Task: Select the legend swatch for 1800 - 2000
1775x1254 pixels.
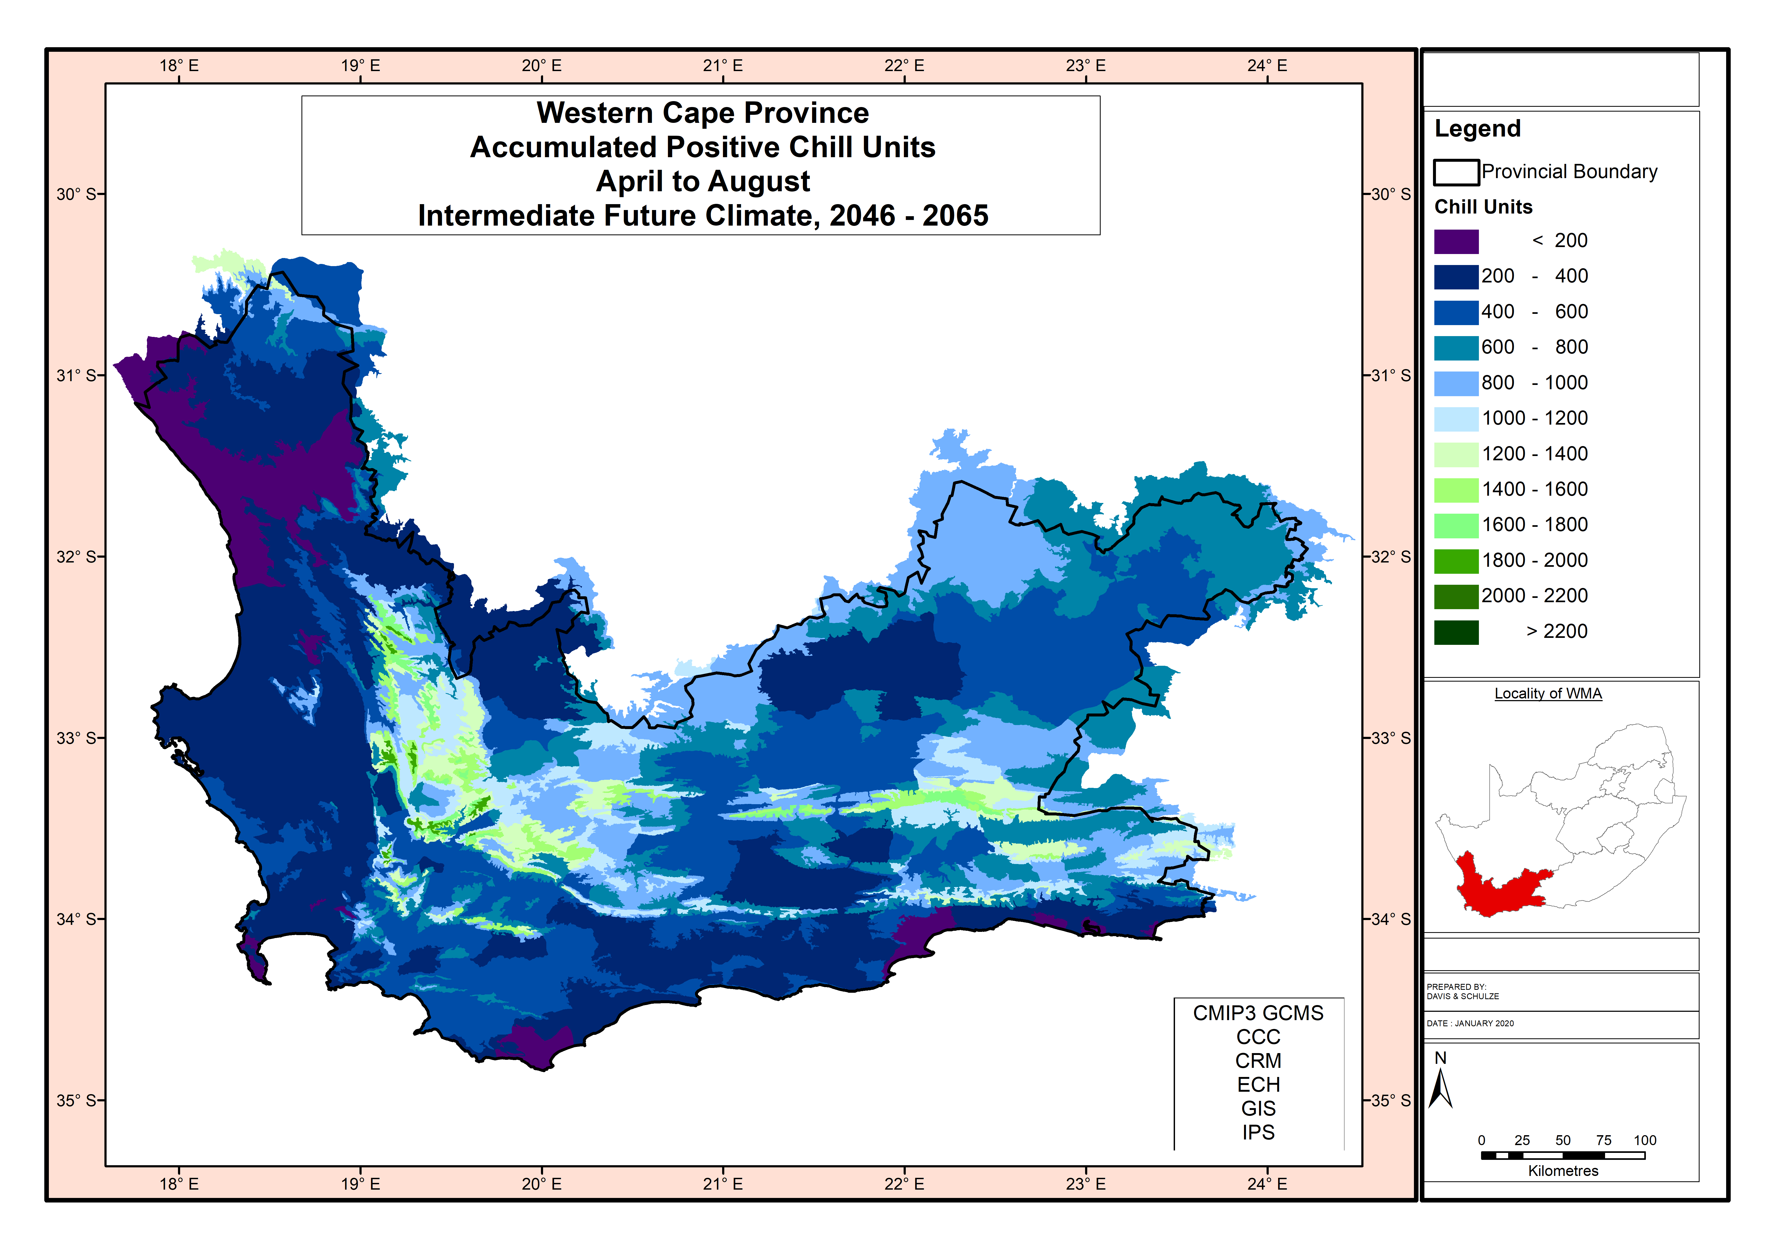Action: [1456, 561]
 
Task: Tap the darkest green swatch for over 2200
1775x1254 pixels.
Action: [1456, 632]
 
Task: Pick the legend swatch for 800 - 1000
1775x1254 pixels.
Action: [1456, 383]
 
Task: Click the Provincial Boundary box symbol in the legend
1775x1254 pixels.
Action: [1456, 172]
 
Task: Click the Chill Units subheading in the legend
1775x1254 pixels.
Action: [1483, 207]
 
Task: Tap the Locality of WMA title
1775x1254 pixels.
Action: [1548, 694]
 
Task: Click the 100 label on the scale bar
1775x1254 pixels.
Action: [1644, 1141]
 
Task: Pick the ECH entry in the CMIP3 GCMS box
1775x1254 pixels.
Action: [1258, 1085]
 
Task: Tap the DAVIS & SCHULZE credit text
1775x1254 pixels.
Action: [1463, 997]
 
